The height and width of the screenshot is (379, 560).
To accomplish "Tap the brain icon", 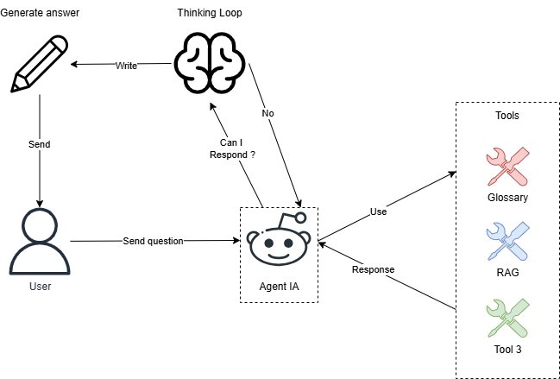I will click(x=211, y=62).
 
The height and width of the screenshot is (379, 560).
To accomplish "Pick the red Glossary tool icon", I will click(x=507, y=166).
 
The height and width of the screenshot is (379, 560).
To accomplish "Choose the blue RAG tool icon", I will click(x=507, y=242).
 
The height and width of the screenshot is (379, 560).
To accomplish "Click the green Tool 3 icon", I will click(x=507, y=318).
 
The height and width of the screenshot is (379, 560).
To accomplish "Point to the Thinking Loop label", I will click(x=211, y=13).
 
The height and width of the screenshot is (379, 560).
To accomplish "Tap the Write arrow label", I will click(x=126, y=66).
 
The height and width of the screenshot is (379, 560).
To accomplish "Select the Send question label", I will click(x=153, y=241).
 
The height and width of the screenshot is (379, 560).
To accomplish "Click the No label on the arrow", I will click(x=268, y=113).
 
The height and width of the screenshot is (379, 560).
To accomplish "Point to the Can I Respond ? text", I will click(x=232, y=148).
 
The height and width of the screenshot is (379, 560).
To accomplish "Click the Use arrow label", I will click(x=378, y=211).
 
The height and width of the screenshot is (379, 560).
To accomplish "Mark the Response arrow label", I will click(x=373, y=269).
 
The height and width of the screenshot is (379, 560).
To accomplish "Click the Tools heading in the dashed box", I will click(x=507, y=115).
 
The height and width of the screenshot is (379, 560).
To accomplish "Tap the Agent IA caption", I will click(x=278, y=286).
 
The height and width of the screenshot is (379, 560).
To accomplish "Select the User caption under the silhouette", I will click(x=40, y=286).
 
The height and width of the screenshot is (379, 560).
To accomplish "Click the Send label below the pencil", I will click(x=39, y=144).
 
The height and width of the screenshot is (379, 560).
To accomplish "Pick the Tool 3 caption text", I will click(x=507, y=350).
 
